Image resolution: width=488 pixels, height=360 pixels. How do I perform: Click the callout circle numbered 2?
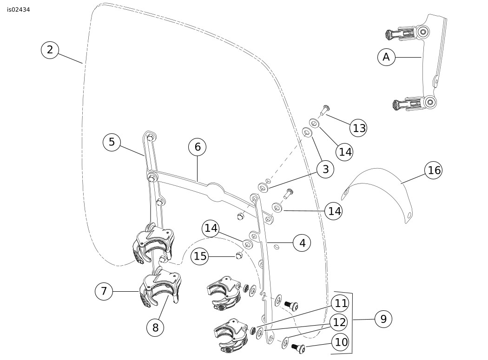[x=50, y=50]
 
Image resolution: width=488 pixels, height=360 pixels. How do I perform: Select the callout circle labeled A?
[x=386, y=57]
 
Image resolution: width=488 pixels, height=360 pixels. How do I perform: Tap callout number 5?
[x=112, y=142]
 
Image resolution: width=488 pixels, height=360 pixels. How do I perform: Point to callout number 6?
[x=198, y=147]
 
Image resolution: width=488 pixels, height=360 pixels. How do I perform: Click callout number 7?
[x=104, y=291]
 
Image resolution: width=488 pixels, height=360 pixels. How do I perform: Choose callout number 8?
[x=155, y=327]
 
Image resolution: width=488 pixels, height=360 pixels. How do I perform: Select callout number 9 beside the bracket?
[x=383, y=319]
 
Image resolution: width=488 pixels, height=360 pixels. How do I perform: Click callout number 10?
[x=341, y=342]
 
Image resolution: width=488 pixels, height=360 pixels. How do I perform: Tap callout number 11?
[x=341, y=304]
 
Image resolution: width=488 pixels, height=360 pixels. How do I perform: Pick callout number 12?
[x=340, y=321]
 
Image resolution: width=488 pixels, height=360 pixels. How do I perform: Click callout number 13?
[x=359, y=128]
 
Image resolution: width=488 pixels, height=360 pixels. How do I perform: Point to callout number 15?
[x=200, y=256]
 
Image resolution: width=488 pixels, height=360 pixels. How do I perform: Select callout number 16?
[x=434, y=170]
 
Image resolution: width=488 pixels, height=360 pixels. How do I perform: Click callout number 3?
[x=325, y=169]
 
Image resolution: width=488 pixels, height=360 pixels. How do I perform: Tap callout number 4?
[x=302, y=242]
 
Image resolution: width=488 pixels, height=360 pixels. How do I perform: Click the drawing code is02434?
[x=19, y=9]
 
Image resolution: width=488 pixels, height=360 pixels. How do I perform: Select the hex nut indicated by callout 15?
[x=238, y=255]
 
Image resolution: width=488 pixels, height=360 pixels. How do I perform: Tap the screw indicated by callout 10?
[x=297, y=347]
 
